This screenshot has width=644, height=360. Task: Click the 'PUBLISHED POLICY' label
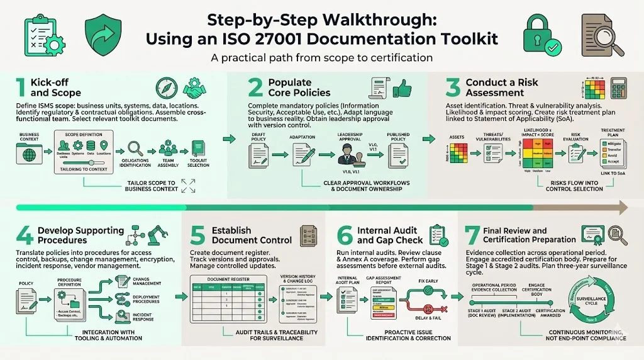coord(397,137)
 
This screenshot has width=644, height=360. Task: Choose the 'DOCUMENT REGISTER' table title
coord(224,278)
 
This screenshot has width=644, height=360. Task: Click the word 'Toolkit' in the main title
coord(460,38)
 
